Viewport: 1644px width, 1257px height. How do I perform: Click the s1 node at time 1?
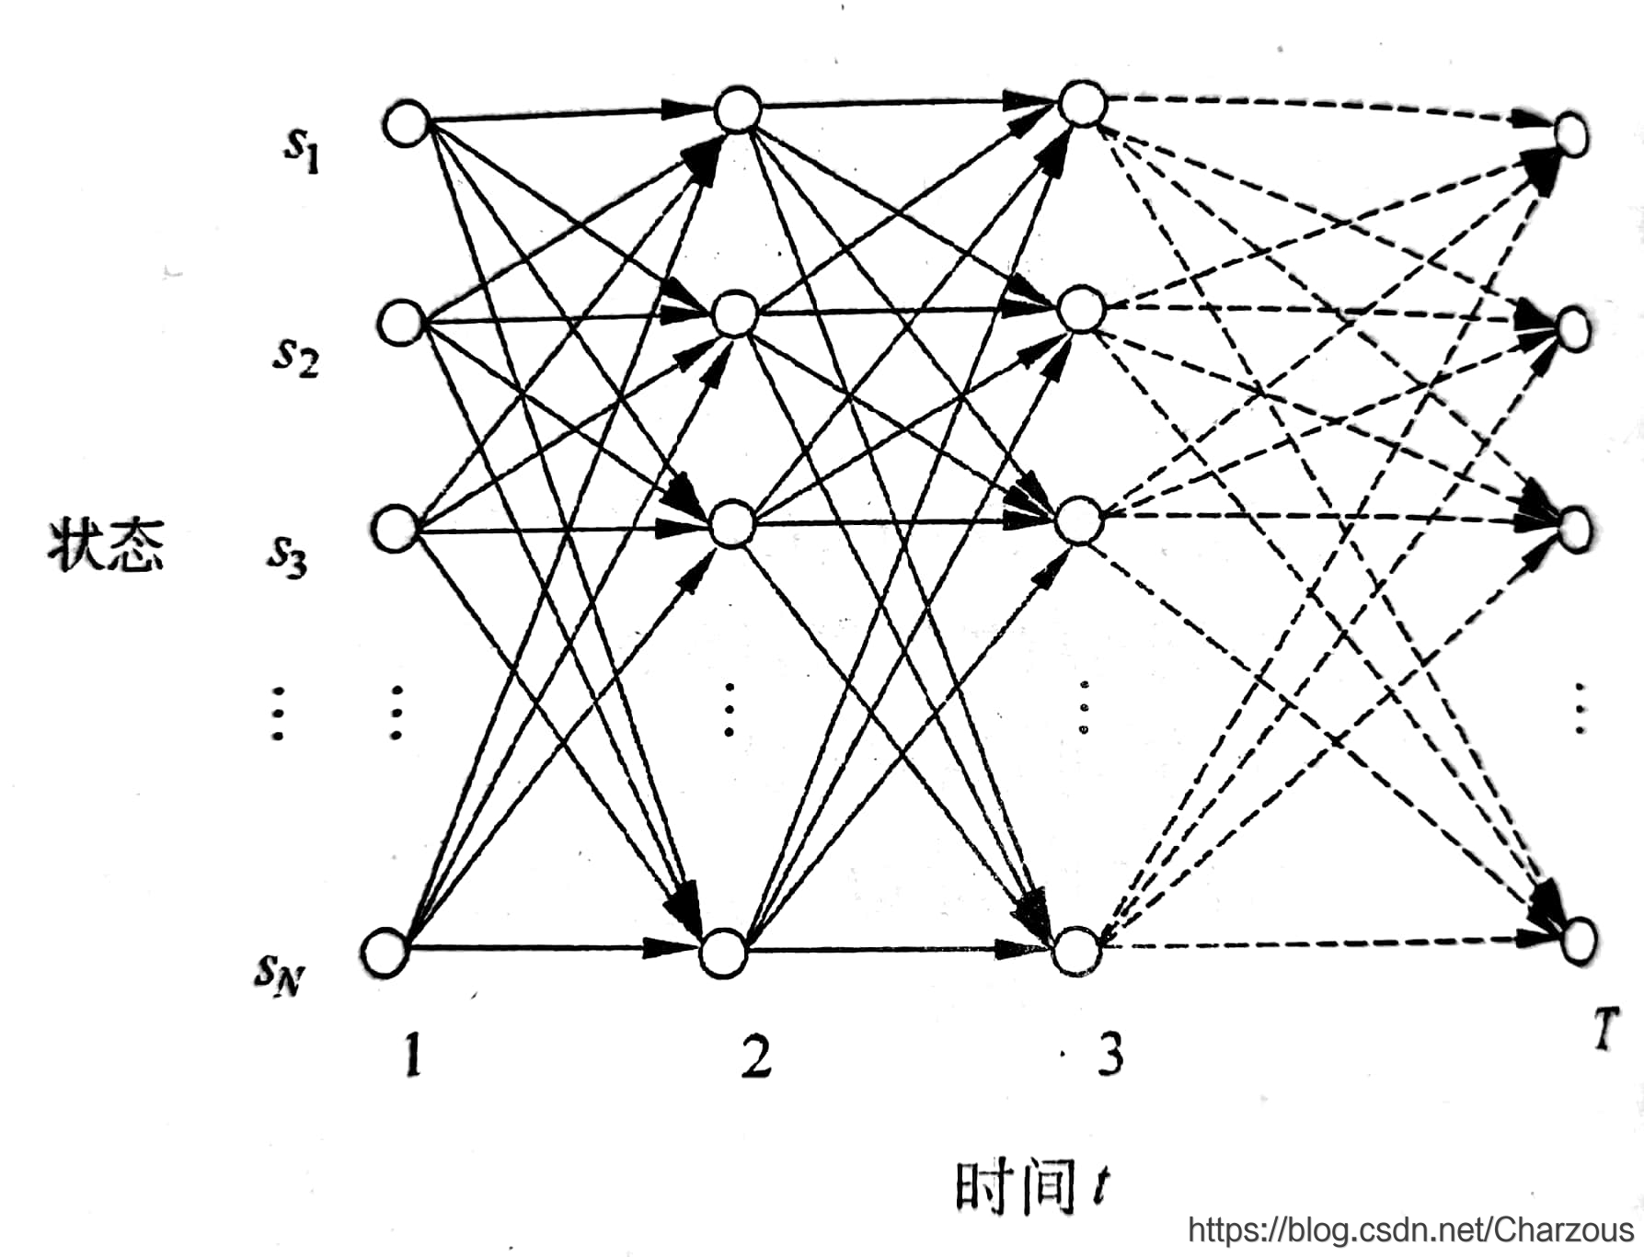coord(407,123)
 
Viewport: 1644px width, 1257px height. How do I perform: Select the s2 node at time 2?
coord(735,314)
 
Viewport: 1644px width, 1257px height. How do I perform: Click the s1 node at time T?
coord(1571,136)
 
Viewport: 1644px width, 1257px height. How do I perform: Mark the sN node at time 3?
coord(1076,951)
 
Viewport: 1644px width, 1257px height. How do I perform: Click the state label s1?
coord(302,149)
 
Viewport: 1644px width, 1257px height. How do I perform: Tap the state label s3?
coord(288,554)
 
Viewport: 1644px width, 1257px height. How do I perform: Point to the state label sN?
coord(279,974)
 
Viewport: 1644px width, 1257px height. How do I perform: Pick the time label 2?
coord(756,1055)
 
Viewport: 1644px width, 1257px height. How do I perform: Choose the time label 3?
coord(1109,1054)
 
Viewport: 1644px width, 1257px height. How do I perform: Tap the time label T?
coord(1604,1029)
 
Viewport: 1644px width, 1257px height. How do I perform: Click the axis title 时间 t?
coord(1032,1187)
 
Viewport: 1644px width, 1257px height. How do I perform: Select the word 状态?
coord(106,545)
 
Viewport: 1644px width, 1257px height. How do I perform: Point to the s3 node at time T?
coord(1575,528)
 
